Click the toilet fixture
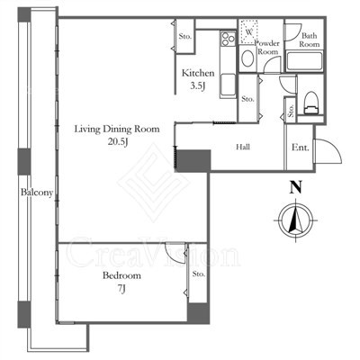pyautogui.click(x=311, y=103)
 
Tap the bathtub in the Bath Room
pyautogui.click(x=304, y=61)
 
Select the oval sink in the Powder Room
pyautogui.click(x=247, y=58)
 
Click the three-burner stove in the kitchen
pyautogui.click(x=228, y=39)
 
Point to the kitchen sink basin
pyautogui.click(x=228, y=85)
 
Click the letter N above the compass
pyautogui.click(x=295, y=188)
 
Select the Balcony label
pyautogui.click(x=37, y=193)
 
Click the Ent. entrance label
pyautogui.click(x=300, y=148)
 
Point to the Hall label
pyautogui.click(x=243, y=147)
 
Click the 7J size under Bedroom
pyautogui.click(x=121, y=289)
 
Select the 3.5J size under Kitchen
pyautogui.click(x=198, y=86)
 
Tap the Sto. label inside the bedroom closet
pyautogui.click(x=199, y=274)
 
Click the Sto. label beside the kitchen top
pyautogui.click(x=185, y=37)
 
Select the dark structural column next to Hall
pyautogui.click(x=193, y=160)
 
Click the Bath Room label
pyautogui.click(x=310, y=40)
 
